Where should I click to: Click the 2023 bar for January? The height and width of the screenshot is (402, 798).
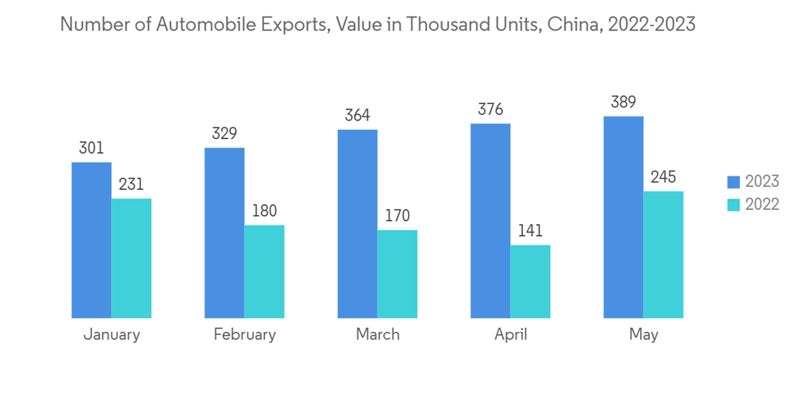[91, 240]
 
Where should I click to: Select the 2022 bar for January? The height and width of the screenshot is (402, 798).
[131, 258]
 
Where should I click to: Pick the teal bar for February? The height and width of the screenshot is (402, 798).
[264, 271]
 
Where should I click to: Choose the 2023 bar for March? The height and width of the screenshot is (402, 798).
[357, 224]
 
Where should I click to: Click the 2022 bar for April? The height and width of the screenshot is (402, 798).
[530, 282]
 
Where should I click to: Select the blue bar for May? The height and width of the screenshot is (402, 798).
[623, 217]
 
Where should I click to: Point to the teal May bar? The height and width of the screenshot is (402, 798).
[663, 254]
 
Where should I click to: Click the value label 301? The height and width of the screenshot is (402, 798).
[91, 148]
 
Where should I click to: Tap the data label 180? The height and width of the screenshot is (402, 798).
[264, 211]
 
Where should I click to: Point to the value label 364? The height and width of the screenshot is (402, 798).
[357, 115]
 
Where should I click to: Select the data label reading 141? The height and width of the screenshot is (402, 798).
[530, 231]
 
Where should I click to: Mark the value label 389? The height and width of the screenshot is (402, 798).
[623, 102]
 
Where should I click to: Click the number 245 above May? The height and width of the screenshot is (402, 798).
[663, 177]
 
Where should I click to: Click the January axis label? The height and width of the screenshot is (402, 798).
[112, 334]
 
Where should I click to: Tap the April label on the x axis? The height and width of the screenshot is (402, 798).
[511, 335]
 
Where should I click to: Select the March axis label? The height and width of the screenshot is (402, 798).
[377, 334]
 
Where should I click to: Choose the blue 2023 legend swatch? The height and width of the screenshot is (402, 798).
[733, 182]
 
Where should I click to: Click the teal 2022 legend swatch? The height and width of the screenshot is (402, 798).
[733, 204]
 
